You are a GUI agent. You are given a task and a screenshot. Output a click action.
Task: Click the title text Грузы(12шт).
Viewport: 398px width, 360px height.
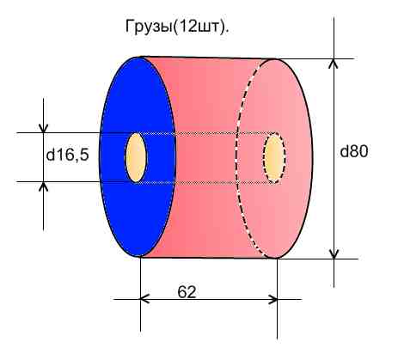pos(177,27)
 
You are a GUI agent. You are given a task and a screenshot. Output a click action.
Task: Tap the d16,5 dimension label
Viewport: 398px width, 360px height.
pos(68,155)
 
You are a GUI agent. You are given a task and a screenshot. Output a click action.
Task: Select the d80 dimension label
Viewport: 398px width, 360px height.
pos(353,151)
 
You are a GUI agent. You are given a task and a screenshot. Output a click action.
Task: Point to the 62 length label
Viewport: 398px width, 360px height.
pos(187,292)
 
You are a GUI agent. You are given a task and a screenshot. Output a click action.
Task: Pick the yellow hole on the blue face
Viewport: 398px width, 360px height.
pos(136,157)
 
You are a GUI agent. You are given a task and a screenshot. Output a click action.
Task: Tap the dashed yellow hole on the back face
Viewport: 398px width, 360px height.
pos(274,158)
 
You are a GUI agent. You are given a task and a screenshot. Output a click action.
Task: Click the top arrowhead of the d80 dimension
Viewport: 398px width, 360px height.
pos(334,63)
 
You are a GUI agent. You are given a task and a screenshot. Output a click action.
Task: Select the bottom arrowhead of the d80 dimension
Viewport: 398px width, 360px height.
pos(334,254)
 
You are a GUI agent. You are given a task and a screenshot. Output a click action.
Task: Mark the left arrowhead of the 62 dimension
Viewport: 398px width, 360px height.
pos(145,300)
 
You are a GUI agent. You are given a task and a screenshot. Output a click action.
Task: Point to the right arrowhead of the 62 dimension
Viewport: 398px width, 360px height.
pos(272,300)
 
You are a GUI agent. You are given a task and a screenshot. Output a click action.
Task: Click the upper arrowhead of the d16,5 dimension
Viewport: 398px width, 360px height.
pos(43,128)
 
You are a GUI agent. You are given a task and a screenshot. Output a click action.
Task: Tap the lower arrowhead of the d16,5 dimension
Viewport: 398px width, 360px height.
pos(43,186)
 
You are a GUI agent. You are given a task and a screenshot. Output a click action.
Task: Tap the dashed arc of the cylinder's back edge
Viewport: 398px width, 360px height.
pos(237,158)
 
